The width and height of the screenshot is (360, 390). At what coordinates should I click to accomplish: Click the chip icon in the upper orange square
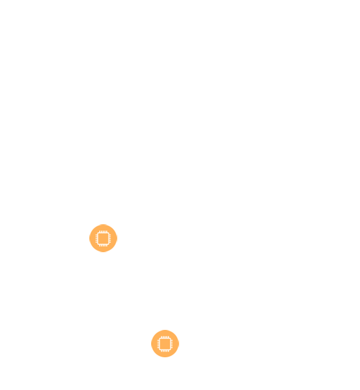coord(103,238)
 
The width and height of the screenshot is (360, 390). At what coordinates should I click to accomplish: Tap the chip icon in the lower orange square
coord(165,344)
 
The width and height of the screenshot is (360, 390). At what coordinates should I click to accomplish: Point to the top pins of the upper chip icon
coord(103,232)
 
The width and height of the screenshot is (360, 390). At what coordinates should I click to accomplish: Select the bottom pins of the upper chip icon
coord(103,245)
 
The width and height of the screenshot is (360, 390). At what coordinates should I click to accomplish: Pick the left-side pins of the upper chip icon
coord(96,238)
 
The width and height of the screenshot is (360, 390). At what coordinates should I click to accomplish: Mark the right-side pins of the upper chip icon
coord(110,238)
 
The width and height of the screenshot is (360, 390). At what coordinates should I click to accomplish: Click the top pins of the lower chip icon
coord(165,337)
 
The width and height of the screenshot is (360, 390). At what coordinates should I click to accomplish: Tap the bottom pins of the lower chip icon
coord(165,351)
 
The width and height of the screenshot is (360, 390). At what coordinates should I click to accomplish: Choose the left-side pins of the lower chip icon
coord(158,344)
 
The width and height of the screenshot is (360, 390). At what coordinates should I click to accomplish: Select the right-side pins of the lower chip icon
coord(172,344)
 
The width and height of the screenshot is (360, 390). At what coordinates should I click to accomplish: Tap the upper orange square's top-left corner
coord(89,224)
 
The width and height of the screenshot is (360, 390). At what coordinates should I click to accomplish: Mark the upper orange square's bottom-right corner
coord(117,252)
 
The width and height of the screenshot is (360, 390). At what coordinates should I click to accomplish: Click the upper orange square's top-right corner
coord(117,224)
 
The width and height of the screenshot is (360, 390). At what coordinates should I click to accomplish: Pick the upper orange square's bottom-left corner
coord(89,252)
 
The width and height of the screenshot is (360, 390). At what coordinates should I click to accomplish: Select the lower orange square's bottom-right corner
coord(179,357)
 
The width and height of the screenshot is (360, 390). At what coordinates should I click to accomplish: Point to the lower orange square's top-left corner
coord(151,330)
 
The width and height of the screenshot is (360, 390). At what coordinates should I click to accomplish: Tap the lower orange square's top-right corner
coord(179,330)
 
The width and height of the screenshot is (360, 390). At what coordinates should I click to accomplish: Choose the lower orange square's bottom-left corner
coord(151,357)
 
